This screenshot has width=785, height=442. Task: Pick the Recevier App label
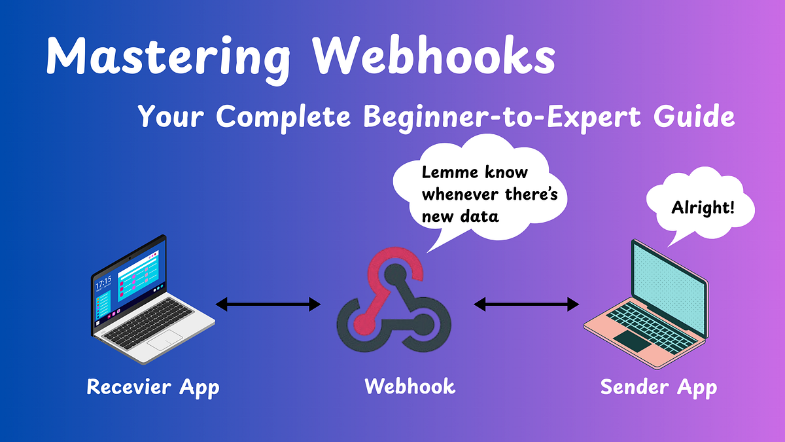tap(153, 387)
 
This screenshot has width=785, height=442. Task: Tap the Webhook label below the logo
tap(410, 386)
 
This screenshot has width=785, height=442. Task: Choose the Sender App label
tap(659, 387)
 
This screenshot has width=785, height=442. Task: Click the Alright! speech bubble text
tap(703, 209)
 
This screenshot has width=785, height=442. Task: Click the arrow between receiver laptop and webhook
tap(268, 304)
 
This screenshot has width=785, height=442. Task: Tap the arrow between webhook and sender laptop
tap(527, 304)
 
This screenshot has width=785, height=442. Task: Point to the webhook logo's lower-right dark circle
tap(423, 322)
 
